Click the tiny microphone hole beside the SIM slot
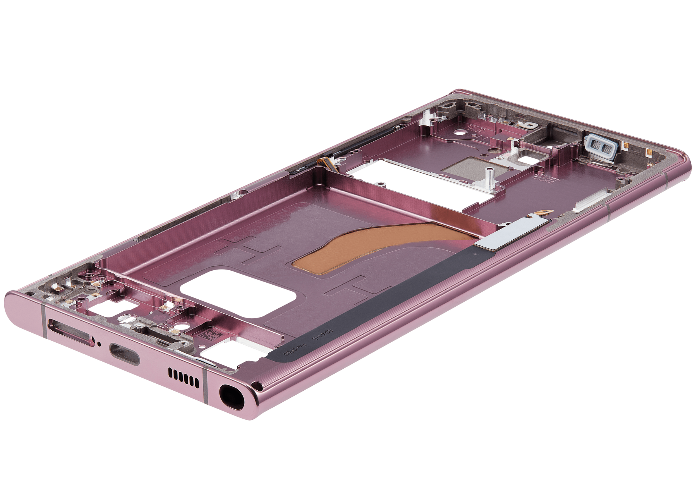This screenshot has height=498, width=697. click(100, 343)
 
